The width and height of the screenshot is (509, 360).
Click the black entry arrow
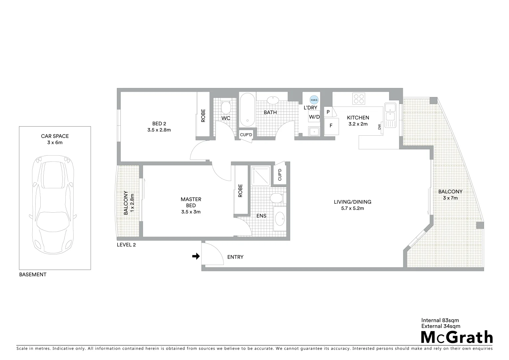point(196,256)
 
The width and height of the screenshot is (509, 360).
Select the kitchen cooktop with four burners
point(359,99)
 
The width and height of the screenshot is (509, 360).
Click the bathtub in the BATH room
point(247,110)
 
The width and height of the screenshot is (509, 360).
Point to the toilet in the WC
point(226,107)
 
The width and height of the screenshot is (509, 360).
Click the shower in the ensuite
point(260,176)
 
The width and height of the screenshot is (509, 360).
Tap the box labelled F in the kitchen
point(331,126)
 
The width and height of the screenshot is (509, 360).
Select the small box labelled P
point(328,112)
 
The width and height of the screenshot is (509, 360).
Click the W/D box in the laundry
point(314,117)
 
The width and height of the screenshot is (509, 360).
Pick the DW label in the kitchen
point(379,127)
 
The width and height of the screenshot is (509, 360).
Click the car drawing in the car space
point(55,204)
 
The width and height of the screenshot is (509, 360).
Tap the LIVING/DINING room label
point(352,202)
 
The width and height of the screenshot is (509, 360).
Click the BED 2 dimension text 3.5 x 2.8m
point(159,130)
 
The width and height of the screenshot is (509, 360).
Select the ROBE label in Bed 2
point(203,116)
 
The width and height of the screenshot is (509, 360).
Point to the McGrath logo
point(457,337)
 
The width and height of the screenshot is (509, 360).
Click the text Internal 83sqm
point(440,320)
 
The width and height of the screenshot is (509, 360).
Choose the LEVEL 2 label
point(126,245)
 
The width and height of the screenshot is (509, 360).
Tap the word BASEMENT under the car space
point(33,275)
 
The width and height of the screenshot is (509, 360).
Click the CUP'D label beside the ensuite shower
point(279,174)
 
